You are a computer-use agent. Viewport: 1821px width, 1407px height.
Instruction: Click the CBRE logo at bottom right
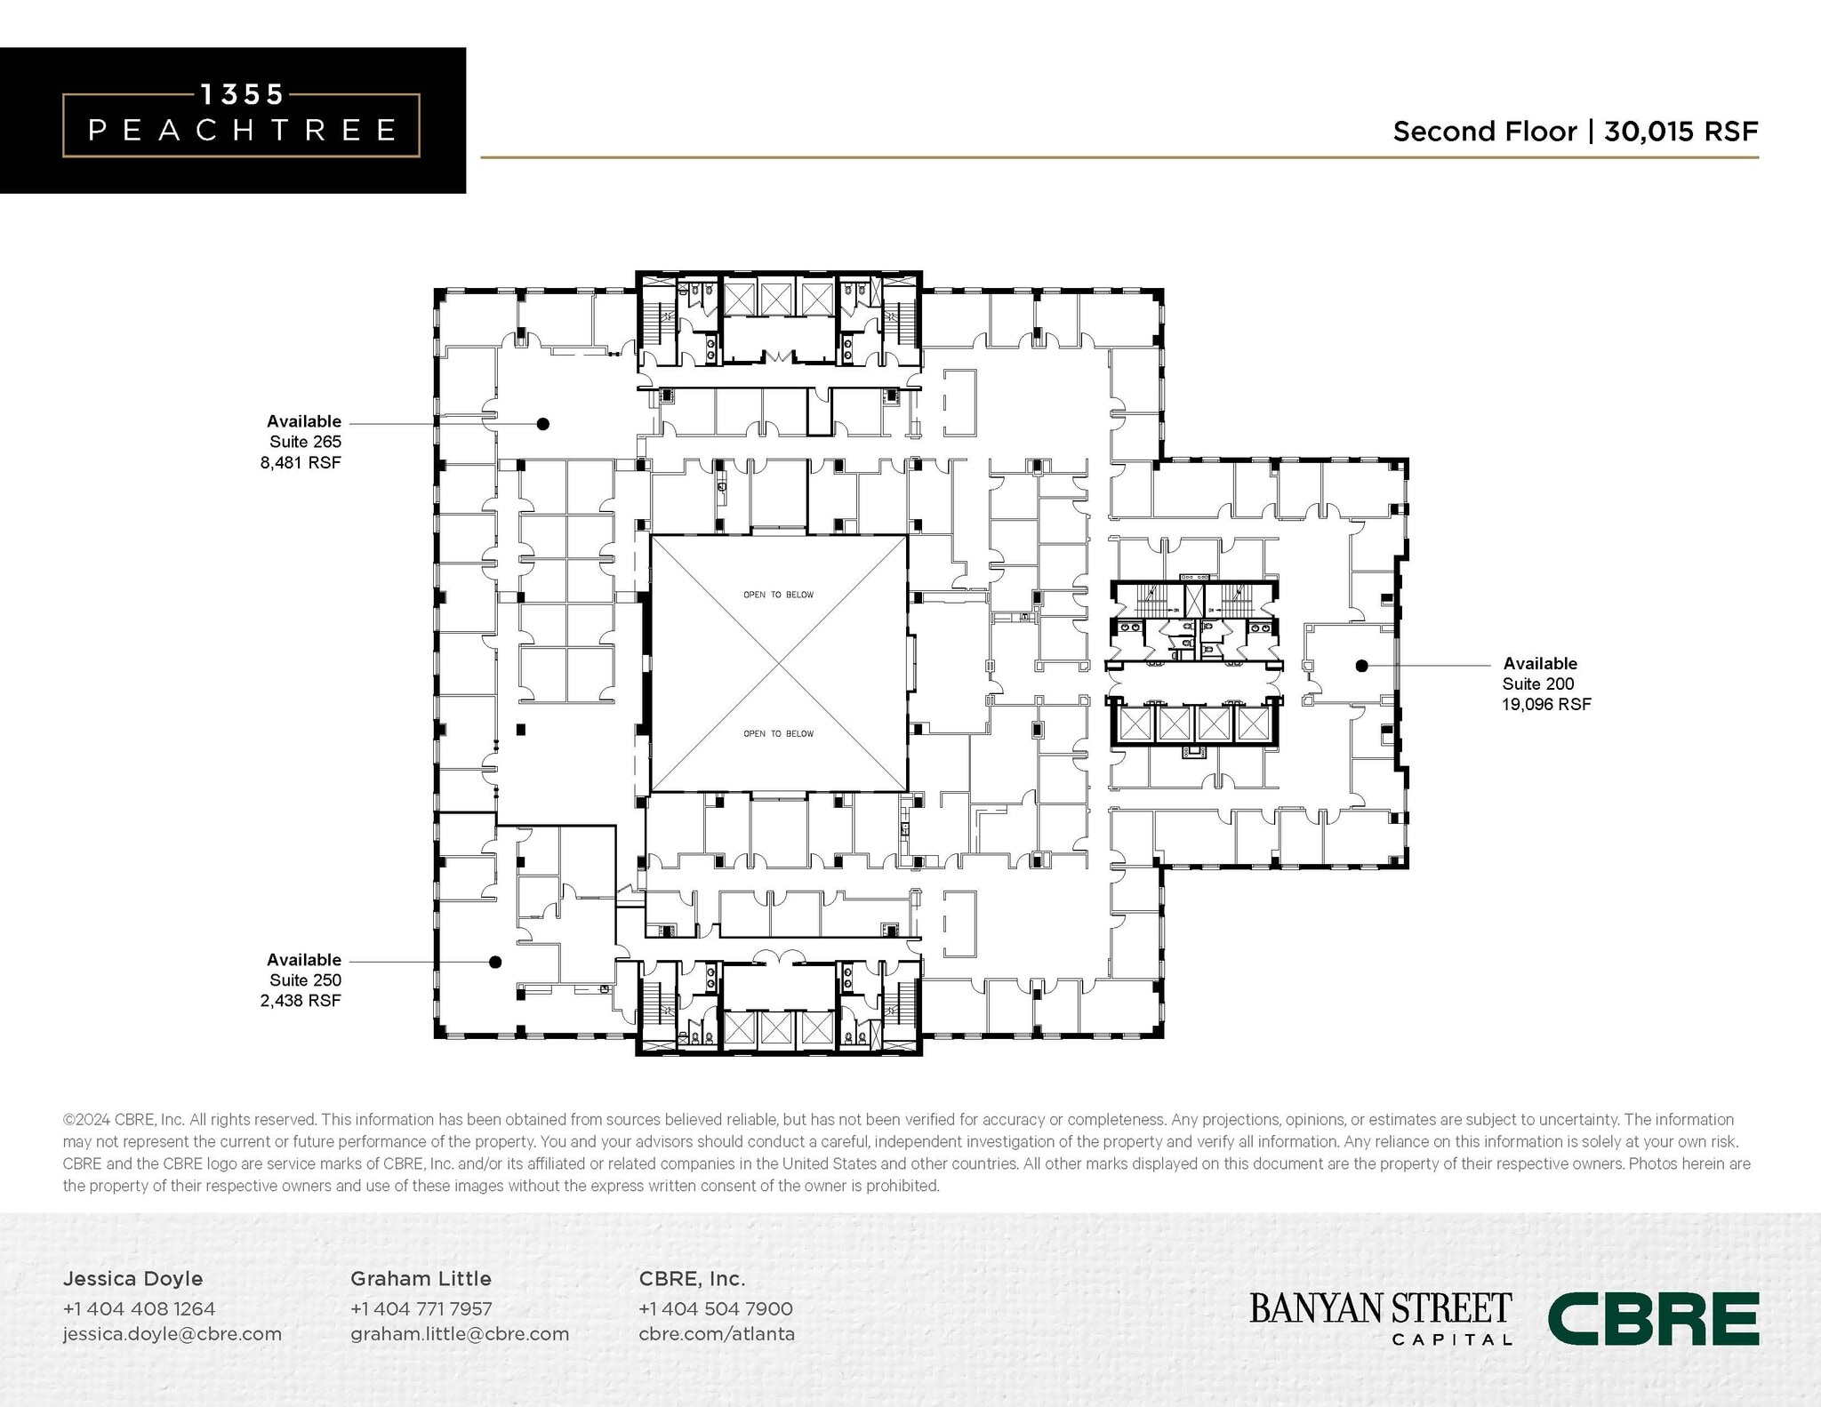pos(1653,1318)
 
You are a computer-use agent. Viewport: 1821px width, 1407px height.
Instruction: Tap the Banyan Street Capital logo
pos(1380,1318)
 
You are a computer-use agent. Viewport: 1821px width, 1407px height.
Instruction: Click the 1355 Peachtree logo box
pos(241,121)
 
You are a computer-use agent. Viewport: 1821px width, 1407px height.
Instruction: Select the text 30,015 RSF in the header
pos(1681,132)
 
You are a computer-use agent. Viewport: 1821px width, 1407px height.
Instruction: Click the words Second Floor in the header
pos(1484,132)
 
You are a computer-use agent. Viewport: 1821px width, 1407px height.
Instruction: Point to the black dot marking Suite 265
pos(543,424)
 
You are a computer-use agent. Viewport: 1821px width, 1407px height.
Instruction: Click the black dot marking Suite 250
pos(496,962)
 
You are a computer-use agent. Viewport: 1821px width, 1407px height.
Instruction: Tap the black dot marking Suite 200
pos(1361,666)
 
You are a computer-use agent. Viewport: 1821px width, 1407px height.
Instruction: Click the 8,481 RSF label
pos(301,462)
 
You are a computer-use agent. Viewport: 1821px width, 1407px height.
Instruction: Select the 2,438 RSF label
pos(301,1000)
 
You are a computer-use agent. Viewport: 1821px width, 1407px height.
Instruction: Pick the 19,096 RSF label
pos(1546,704)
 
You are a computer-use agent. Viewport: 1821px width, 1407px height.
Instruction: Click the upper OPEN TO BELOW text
pos(778,595)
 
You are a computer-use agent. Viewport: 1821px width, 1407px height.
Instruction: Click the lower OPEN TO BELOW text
pos(778,733)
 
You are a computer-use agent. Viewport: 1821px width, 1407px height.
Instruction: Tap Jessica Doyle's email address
pos(172,1333)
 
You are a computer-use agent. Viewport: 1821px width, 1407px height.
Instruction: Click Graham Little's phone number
pos(421,1308)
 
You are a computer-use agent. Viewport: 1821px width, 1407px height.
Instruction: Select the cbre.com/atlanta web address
pos(717,1333)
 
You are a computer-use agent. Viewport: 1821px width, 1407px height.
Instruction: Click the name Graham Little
pos(421,1278)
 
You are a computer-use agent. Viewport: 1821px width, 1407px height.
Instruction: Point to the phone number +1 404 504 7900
pos(715,1308)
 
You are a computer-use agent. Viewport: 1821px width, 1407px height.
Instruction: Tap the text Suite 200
pos(1537,684)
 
